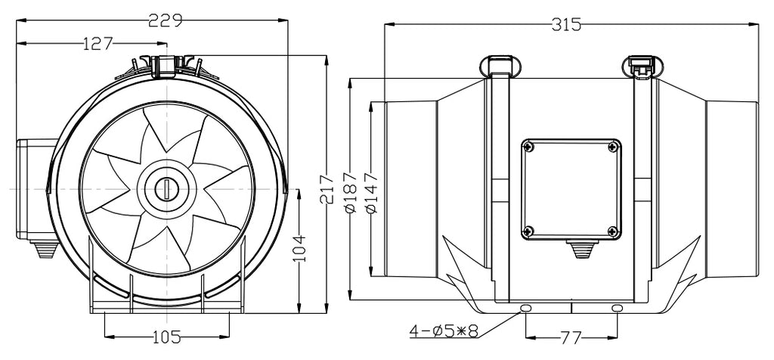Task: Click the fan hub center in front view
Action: [164, 187]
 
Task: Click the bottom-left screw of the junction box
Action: [528, 230]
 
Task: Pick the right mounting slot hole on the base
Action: [618, 309]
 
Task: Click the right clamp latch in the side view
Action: [641, 66]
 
